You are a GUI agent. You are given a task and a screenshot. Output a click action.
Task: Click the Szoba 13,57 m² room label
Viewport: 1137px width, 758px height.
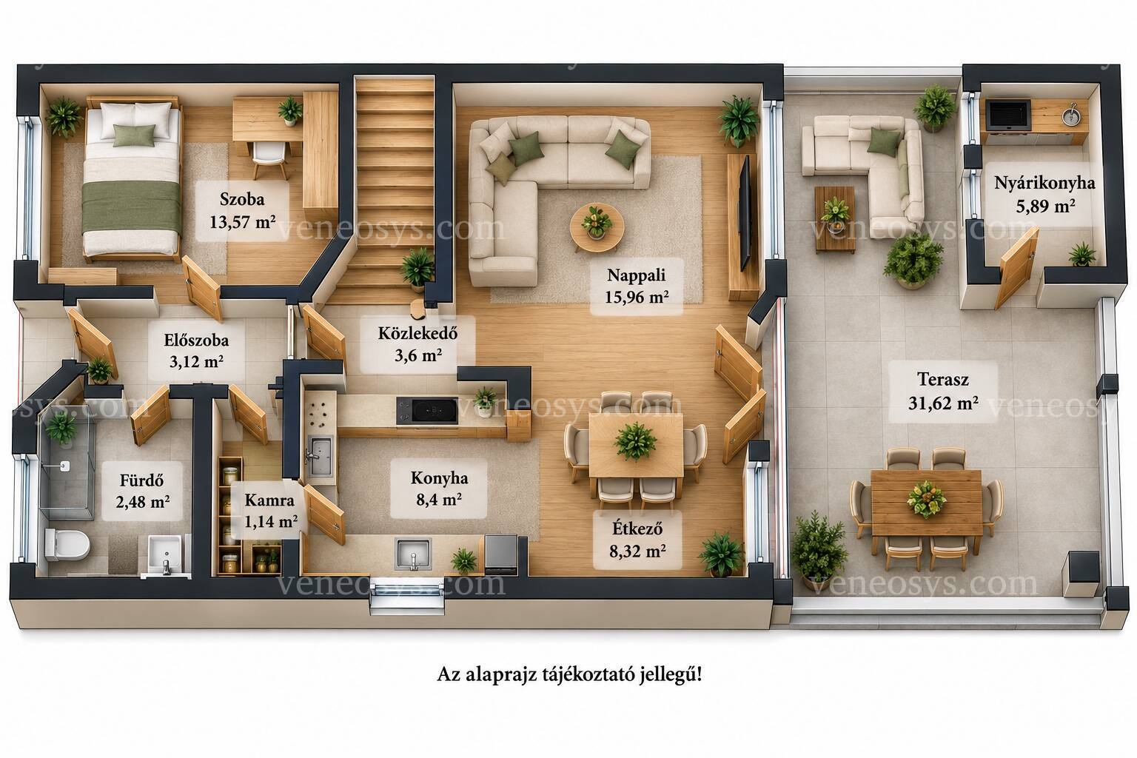pyautogui.click(x=242, y=210)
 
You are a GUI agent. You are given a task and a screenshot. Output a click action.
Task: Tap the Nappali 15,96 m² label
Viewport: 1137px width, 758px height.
pyautogui.click(x=636, y=286)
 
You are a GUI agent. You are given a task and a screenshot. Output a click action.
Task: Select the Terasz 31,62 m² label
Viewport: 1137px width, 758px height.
pyautogui.click(x=942, y=391)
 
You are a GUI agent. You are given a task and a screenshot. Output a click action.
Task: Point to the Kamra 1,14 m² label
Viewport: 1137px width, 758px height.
pyautogui.click(x=270, y=511)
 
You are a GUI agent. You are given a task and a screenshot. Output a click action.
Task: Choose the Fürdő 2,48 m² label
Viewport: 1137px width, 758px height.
pyautogui.click(x=142, y=491)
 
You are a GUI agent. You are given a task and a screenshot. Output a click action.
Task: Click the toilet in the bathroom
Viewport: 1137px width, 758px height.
pyautogui.click(x=67, y=544)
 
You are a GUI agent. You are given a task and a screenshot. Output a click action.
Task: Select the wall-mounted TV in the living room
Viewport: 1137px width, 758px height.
pyautogui.click(x=745, y=213)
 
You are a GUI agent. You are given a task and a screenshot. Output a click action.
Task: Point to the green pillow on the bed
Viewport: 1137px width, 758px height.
pyautogui.click(x=133, y=135)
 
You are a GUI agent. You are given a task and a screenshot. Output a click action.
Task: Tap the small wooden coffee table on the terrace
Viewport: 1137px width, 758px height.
pyautogui.click(x=834, y=219)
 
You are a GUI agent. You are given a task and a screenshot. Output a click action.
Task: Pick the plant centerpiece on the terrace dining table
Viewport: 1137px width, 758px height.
pyautogui.click(x=926, y=499)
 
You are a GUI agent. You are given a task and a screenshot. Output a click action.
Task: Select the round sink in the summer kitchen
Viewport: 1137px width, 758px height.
pyautogui.click(x=1071, y=115)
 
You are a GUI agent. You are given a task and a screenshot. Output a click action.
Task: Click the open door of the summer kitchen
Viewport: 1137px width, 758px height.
pyautogui.click(x=1016, y=268)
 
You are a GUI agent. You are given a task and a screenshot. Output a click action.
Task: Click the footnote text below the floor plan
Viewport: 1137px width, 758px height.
pyautogui.click(x=569, y=675)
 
